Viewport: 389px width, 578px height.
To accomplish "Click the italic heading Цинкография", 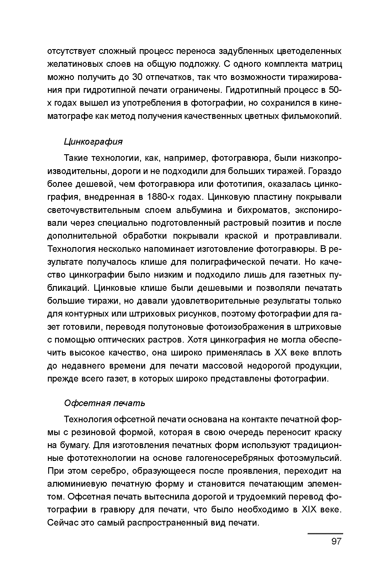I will click(x=93, y=141).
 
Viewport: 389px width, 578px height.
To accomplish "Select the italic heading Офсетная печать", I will click(x=104, y=403).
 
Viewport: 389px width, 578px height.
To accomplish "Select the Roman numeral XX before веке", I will click(x=280, y=352).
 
